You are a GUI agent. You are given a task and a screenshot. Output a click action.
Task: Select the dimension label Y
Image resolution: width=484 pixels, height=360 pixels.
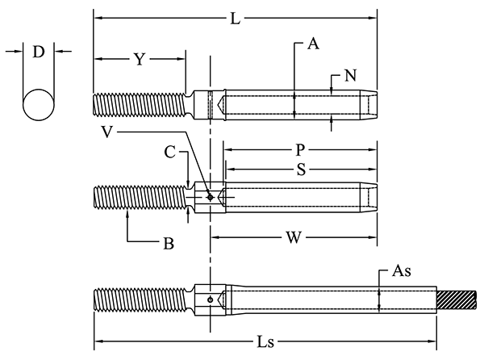140,59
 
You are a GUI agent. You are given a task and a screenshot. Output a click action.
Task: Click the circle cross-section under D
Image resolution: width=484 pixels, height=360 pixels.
38,106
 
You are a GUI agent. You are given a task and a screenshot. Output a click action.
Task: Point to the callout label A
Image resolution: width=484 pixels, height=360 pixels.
313,45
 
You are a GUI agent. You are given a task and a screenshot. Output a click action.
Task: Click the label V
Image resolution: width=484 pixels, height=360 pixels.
107,130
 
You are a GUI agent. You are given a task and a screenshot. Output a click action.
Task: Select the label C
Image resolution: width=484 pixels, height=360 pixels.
169,151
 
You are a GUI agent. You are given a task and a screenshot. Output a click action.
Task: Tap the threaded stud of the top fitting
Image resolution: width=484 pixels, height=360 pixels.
137,106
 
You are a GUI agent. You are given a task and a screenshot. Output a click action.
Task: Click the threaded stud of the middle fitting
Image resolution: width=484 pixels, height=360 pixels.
137,197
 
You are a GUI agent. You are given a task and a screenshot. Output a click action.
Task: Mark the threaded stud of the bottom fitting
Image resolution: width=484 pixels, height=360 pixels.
141,300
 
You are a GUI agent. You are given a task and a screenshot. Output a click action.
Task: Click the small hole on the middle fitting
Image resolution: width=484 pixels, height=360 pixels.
210,197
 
